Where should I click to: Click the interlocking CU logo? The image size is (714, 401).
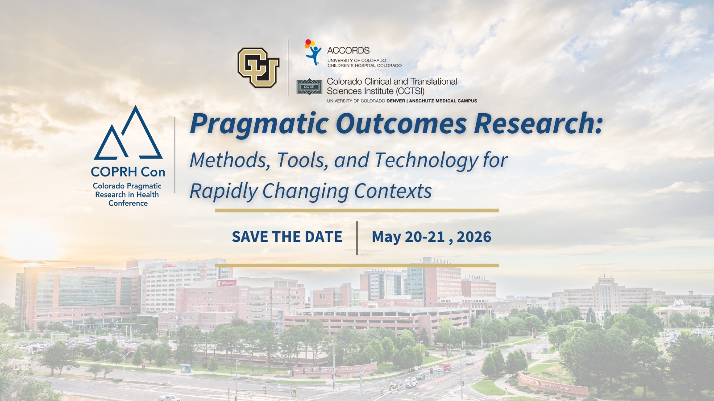coord(258,67)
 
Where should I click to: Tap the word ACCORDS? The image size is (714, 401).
coord(348,50)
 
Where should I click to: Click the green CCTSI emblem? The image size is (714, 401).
coord(309,86)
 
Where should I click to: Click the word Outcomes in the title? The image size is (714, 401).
coord(401,124)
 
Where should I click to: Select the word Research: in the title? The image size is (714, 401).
coord(538,124)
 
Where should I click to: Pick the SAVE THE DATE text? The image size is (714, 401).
coord(287,237)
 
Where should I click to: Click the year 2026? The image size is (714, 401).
coord(474,237)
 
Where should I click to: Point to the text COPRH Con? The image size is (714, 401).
coord(128,172)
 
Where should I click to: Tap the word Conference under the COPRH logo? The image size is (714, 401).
coord(128,203)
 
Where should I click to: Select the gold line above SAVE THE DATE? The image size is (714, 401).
coord(357,210)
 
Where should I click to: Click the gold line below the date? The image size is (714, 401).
coord(357,266)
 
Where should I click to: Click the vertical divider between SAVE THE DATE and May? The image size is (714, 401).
coord(357,238)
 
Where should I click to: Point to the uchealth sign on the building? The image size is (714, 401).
coord(169,265)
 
